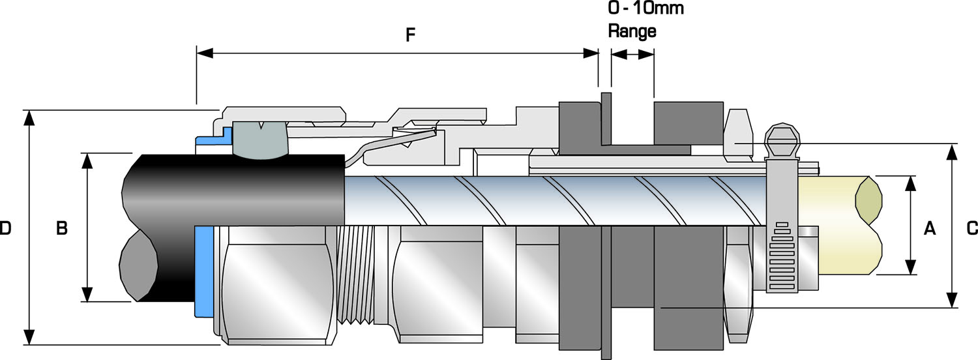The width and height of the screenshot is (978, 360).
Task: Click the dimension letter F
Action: click(410, 35)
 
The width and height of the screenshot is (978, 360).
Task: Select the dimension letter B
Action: click(61, 228)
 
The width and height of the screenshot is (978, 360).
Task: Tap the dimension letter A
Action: click(930, 228)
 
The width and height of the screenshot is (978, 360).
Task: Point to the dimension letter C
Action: click(971, 228)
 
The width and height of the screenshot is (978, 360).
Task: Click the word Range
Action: click(632, 31)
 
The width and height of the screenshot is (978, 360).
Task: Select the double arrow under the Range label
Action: click(632, 55)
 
